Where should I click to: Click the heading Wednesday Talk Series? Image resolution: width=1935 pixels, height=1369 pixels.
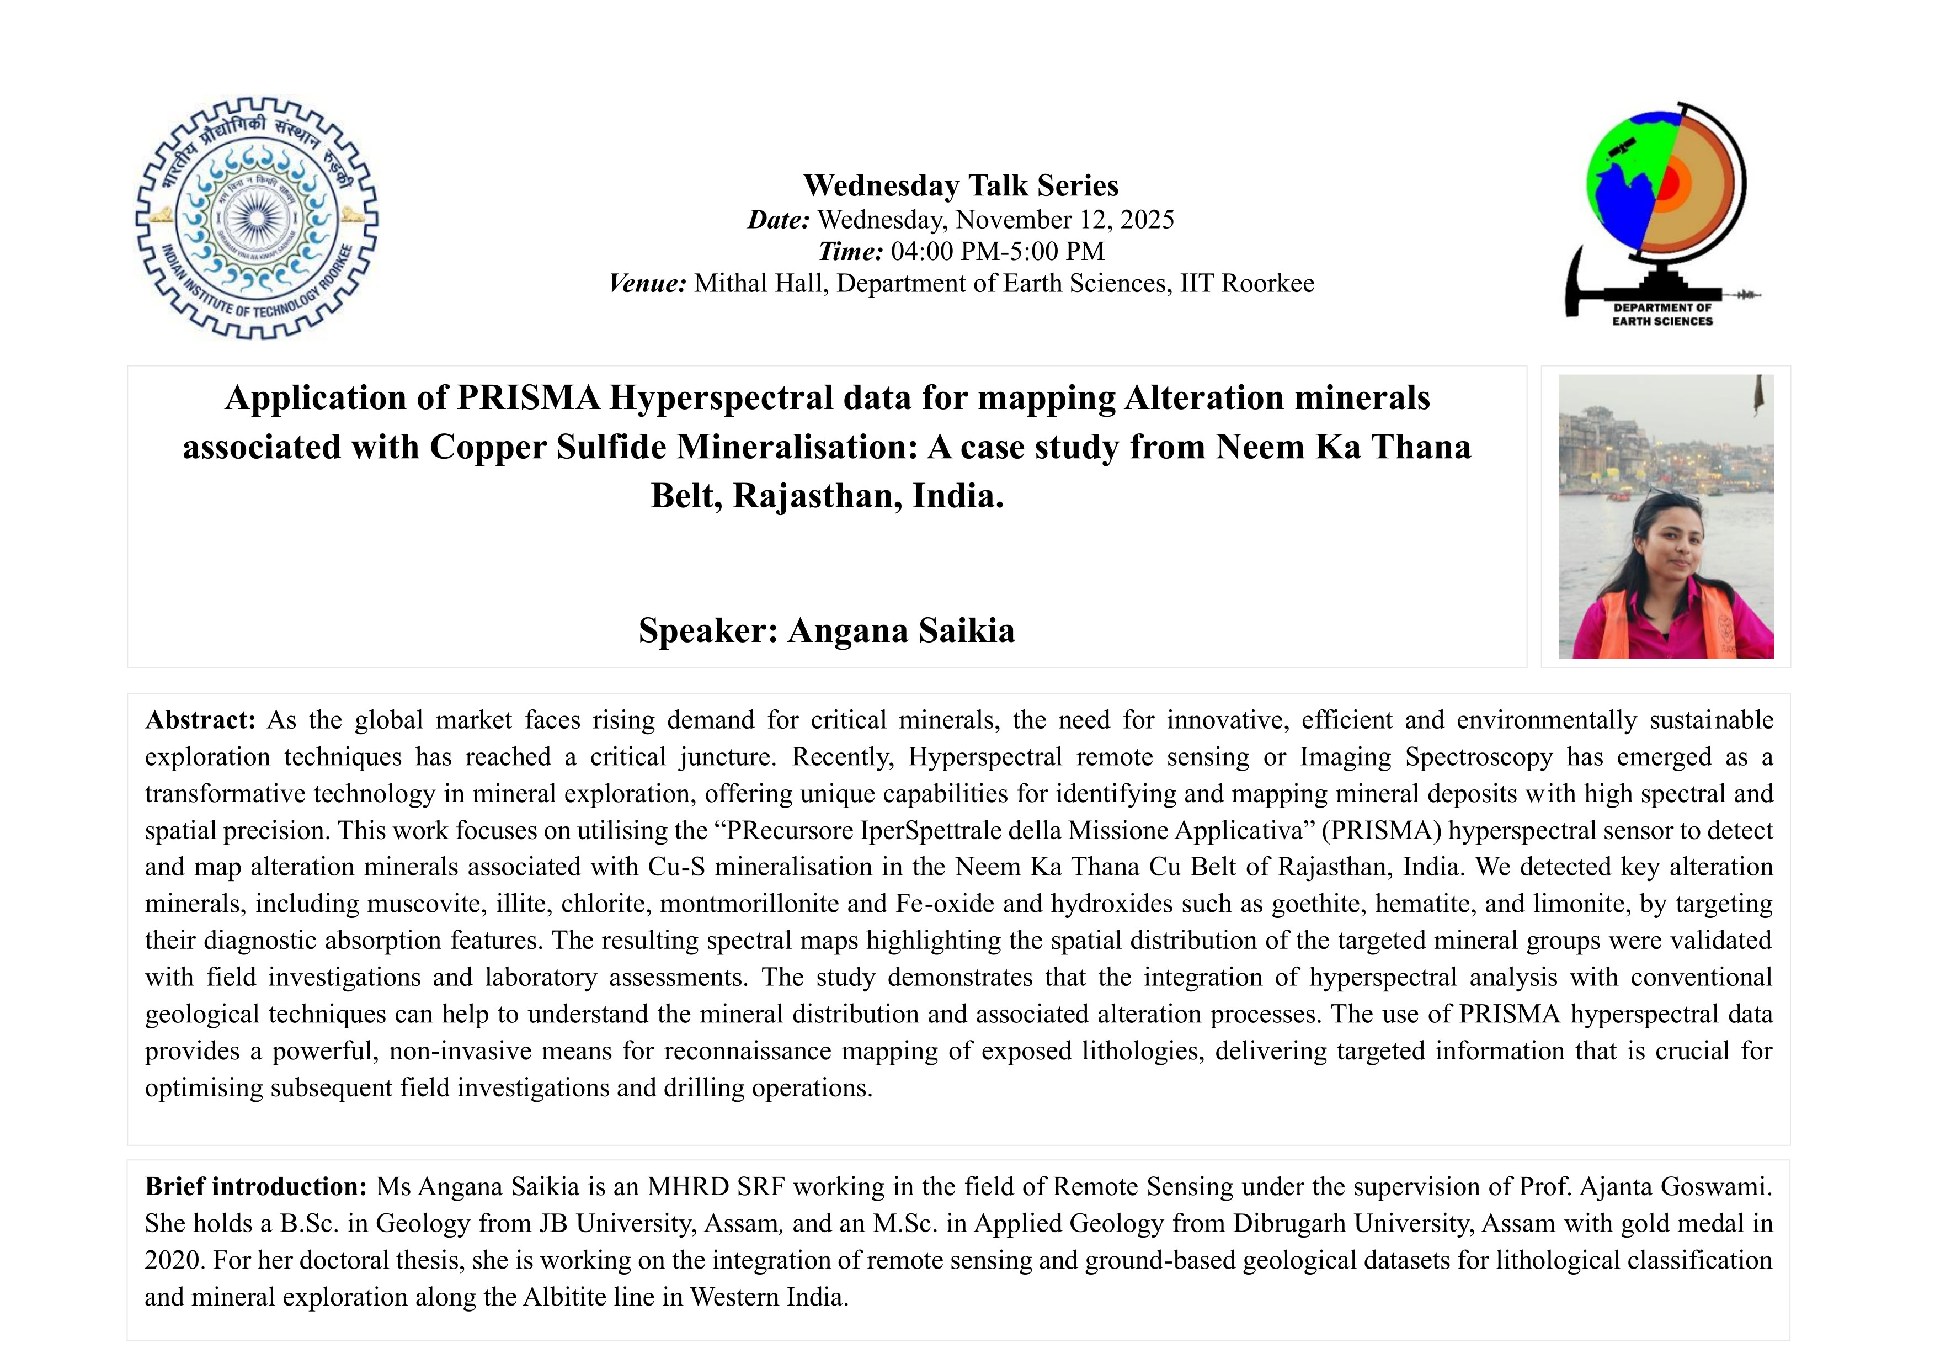tap(961, 185)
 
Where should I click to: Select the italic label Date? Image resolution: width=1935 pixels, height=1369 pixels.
tap(778, 220)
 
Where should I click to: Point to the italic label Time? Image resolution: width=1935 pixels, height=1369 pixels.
tap(850, 251)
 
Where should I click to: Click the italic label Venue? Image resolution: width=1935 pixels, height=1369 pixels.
tap(647, 283)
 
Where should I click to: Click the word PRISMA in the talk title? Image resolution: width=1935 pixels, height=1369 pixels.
tap(529, 398)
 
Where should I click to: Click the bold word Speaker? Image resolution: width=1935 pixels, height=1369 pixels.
tap(708, 630)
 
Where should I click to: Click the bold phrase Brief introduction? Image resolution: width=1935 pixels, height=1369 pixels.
tap(256, 1187)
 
